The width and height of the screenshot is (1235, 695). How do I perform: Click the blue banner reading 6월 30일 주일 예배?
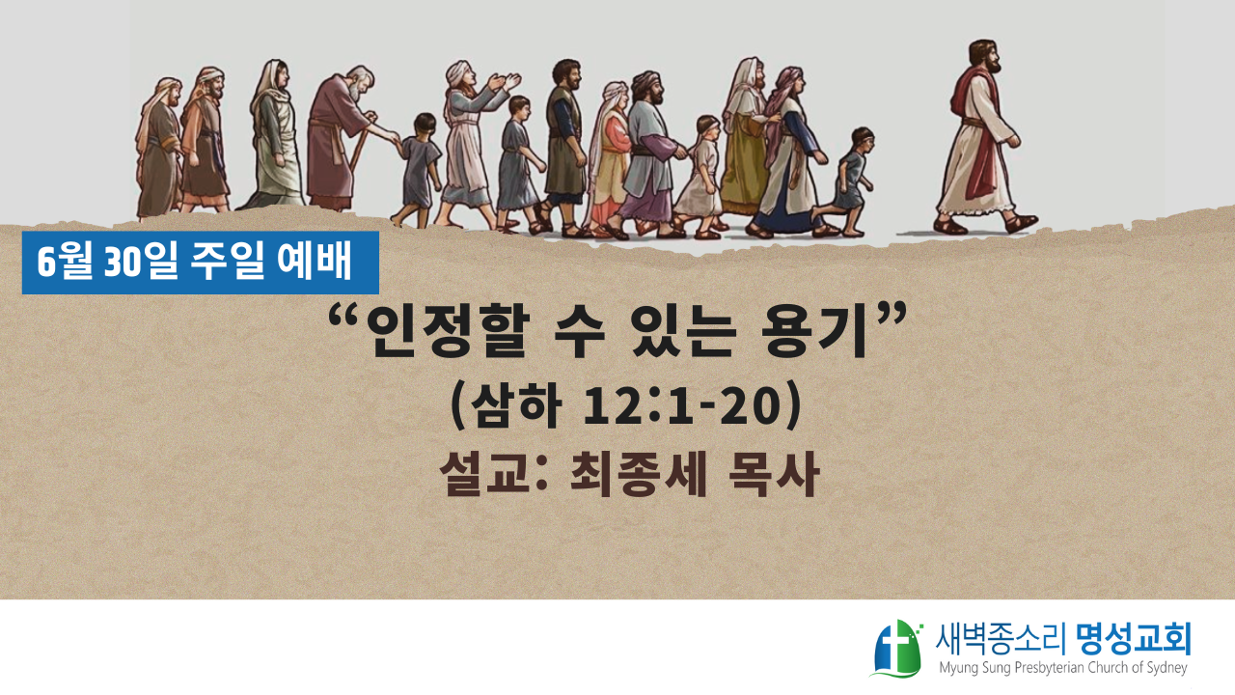pyautogui.click(x=200, y=263)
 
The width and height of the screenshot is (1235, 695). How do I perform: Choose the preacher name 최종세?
pyautogui.click(x=638, y=475)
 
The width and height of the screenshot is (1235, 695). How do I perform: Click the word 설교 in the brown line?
pyautogui.click(x=485, y=475)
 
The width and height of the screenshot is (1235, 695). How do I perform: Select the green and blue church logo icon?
pyautogui.click(x=897, y=648)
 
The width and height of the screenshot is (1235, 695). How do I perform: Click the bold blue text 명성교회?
pyautogui.click(x=1134, y=639)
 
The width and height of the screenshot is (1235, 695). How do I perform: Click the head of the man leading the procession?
pyautogui.click(x=985, y=57)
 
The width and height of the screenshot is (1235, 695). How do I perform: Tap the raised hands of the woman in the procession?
pyautogui.click(x=504, y=82)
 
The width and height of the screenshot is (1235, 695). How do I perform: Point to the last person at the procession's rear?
pyautogui.click(x=159, y=148)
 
